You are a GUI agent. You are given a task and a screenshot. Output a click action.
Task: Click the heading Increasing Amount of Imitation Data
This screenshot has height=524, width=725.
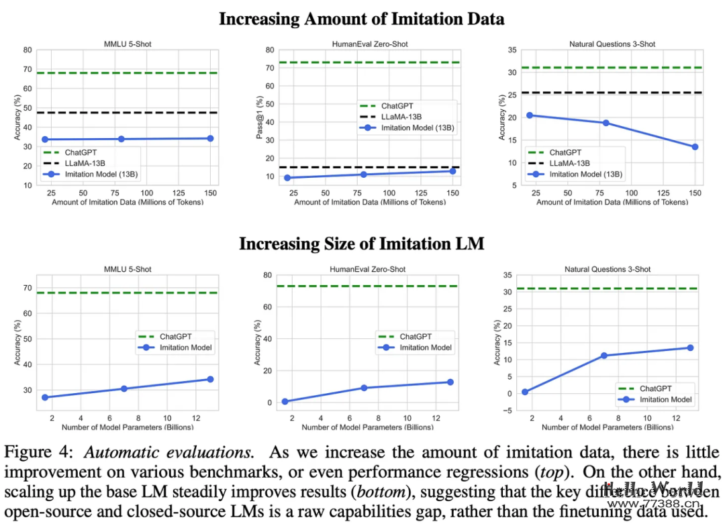pyautogui.click(x=361, y=18)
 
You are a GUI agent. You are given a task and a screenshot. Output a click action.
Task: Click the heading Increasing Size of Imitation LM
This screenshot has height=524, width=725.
pyautogui.click(x=361, y=244)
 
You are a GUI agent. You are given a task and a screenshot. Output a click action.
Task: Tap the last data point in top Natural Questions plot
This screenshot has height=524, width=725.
pyautogui.click(x=695, y=146)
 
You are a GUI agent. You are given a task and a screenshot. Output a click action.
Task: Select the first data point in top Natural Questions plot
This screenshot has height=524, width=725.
pyautogui.click(x=529, y=115)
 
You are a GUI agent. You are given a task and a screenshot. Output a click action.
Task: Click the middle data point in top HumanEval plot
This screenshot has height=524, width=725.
pyautogui.click(x=364, y=174)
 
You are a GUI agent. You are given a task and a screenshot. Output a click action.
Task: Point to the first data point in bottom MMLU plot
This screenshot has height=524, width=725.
pyautogui.click(x=45, y=397)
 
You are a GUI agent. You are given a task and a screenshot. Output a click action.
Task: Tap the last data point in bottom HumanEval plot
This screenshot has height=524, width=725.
pyautogui.click(x=450, y=382)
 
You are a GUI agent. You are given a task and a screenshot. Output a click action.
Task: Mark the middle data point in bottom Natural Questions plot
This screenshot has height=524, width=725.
pyautogui.click(x=603, y=356)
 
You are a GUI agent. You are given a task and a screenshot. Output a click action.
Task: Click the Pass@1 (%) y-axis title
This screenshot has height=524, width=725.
pyautogui.click(x=259, y=117)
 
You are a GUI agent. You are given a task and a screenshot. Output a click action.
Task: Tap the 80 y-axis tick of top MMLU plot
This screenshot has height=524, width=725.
pyautogui.click(x=29, y=50)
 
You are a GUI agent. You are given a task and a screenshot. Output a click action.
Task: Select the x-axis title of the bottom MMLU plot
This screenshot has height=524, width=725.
pyautogui.click(x=128, y=427)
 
